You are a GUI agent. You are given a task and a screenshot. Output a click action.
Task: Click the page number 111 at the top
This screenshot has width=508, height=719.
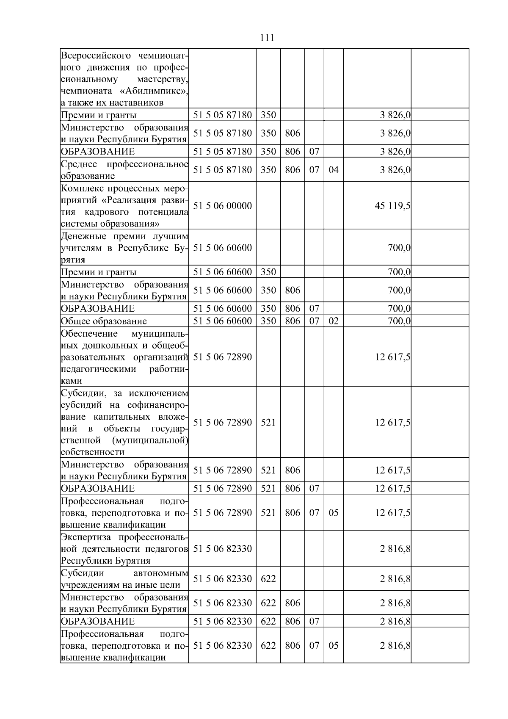click(x=267, y=38)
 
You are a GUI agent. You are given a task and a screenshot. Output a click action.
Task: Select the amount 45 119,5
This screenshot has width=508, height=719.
click(x=392, y=206)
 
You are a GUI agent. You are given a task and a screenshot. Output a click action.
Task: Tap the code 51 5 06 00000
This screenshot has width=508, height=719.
click(x=222, y=206)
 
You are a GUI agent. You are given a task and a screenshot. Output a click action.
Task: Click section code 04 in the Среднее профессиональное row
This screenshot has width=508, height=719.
click(x=334, y=170)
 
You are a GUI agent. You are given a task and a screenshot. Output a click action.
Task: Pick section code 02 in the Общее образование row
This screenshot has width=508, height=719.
click(x=334, y=321)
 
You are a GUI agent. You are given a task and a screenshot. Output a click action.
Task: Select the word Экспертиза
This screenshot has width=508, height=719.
click(x=87, y=537)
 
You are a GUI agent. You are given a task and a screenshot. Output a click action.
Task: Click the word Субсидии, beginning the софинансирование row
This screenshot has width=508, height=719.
click(x=83, y=393)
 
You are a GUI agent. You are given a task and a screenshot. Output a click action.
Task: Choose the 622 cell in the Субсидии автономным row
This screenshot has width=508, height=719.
click(x=268, y=579)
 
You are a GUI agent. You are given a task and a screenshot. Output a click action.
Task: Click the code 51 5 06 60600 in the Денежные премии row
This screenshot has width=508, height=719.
click(x=222, y=248)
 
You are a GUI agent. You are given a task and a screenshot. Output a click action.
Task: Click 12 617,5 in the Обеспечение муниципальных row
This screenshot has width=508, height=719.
click(x=392, y=357)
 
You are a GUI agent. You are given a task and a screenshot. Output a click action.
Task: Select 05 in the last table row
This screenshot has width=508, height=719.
click(x=334, y=646)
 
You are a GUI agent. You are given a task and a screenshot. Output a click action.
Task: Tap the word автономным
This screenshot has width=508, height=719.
click(x=160, y=573)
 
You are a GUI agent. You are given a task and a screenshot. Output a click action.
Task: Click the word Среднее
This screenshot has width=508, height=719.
click(x=80, y=164)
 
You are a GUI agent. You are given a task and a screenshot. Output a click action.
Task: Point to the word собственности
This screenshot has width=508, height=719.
click(x=93, y=452)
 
